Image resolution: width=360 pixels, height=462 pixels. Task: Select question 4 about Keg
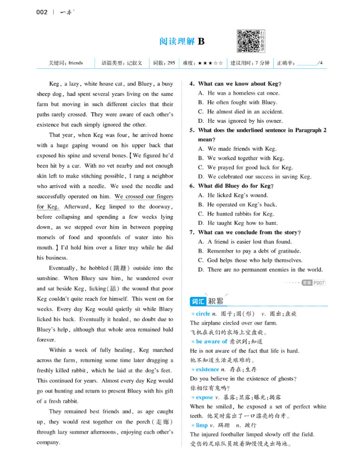coord(235,84)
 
